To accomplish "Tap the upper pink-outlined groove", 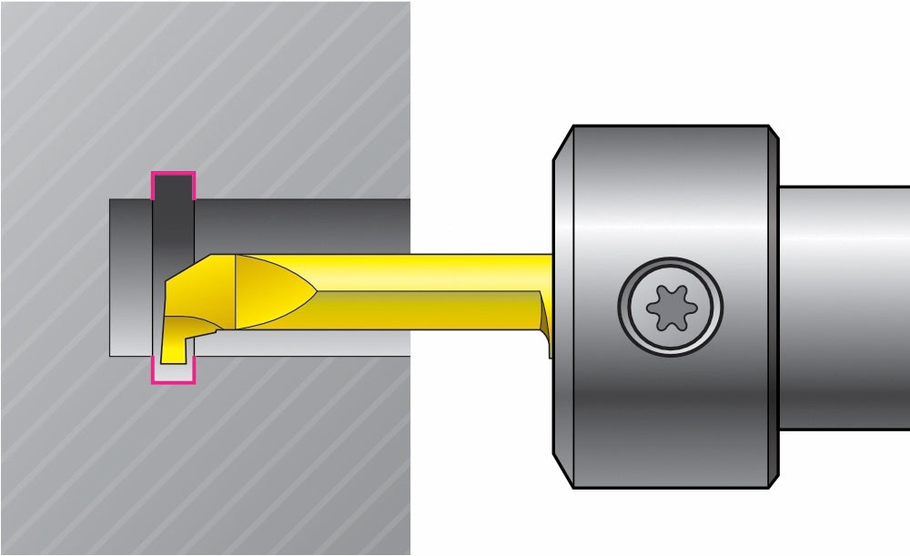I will [173, 186].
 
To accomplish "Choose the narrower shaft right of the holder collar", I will [844, 300].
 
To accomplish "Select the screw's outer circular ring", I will [671, 278].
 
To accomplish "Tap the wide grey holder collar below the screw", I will [669, 419].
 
